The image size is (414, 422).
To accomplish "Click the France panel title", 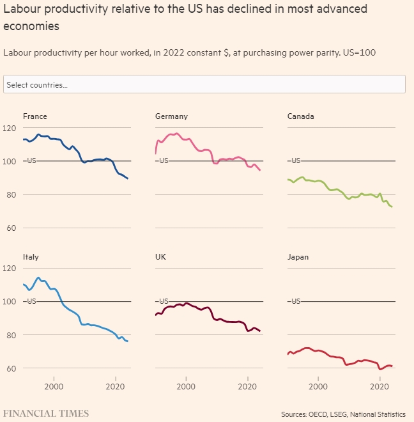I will pyautogui.click(x=34, y=116).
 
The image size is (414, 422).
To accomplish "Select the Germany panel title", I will pyautogui.click(x=171, y=116).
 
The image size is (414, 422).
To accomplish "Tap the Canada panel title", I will pyautogui.click(x=300, y=116).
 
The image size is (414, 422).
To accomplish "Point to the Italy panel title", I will pyautogui.click(x=31, y=257).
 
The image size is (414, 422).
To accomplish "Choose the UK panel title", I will pyautogui.click(x=161, y=257).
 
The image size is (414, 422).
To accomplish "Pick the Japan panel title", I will pyautogui.click(x=298, y=257).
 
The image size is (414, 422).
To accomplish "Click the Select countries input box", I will pyautogui.click(x=204, y=84).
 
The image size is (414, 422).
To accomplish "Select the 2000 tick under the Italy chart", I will pyautogui.click(x=54, y=387).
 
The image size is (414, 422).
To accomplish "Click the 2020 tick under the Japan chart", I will pyautogui.click(x=380, y=387).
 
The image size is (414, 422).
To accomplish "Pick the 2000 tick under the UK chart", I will pyautogui.click(x=186, y=387).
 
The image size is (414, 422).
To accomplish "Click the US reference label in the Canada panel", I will pyautogui.click(x=295, y=161).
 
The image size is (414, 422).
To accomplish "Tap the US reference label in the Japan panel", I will pyautogui.click(x=295, y=301).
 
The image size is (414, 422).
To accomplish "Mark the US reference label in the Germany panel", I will pyautogui.click(x=164, y=161).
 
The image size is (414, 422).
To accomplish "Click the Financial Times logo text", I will pyautogui.click(x=46, y=413).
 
